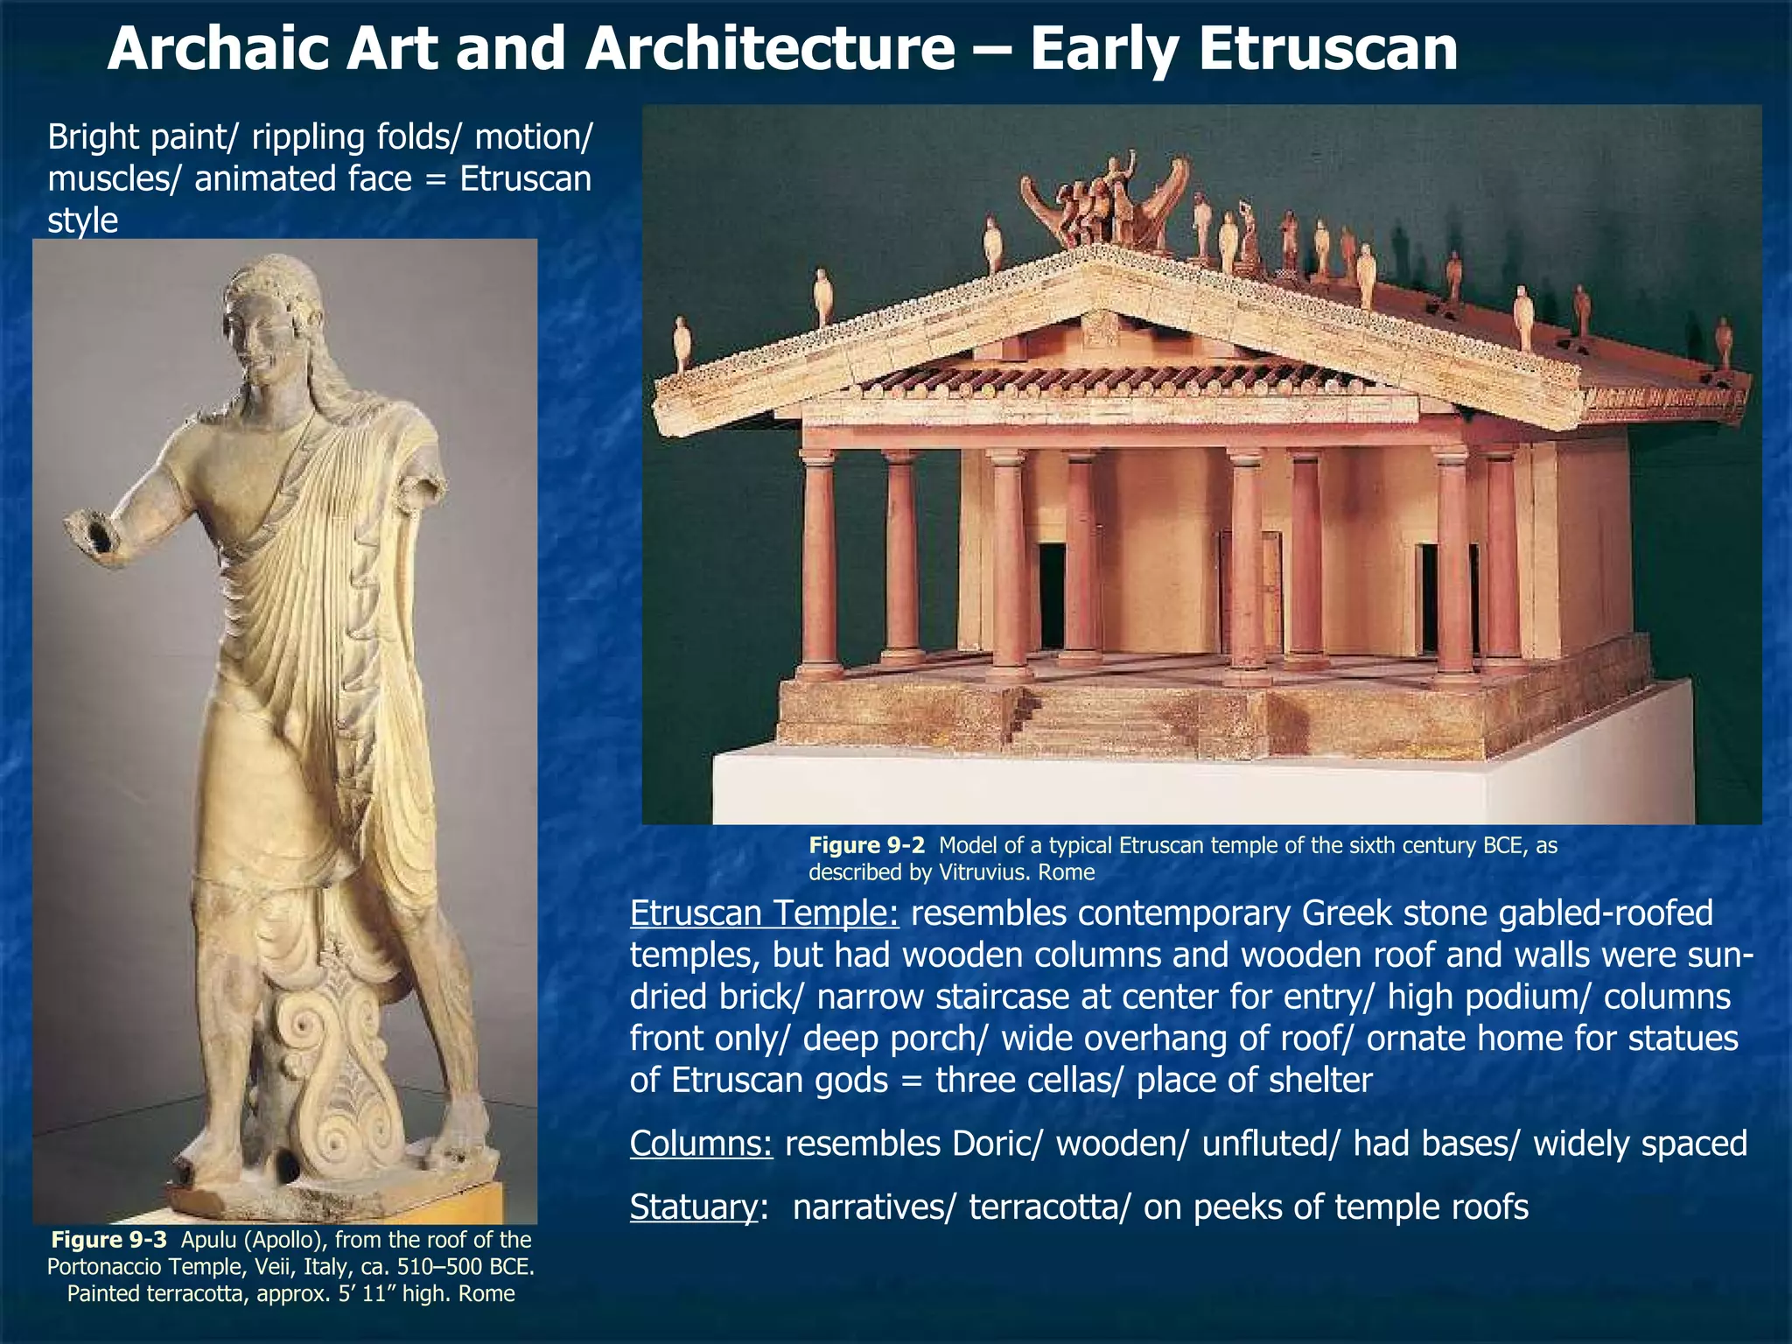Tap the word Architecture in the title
point(770,49)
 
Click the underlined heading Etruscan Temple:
point(764,913)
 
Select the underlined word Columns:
point(701,1144)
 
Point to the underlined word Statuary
point(693,1207)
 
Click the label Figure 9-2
point(865,845)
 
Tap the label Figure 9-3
point(108,1240)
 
